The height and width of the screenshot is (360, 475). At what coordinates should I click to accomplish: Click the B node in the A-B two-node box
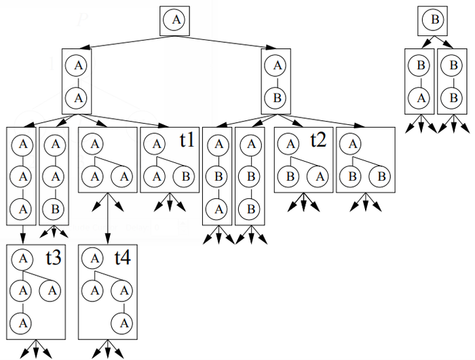[277, 98]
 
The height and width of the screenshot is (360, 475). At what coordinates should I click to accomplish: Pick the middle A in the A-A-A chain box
[23, 177]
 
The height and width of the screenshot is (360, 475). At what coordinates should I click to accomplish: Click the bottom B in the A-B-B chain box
[250, 209]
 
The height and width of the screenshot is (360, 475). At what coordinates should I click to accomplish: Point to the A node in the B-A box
[421, 98]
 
